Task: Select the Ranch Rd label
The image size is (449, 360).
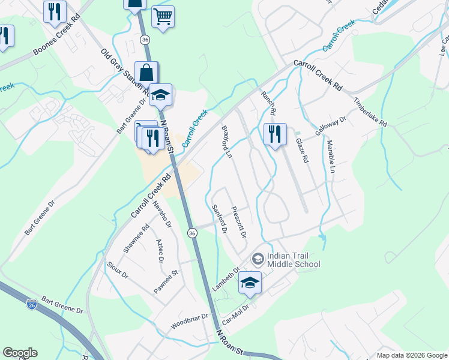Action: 268,103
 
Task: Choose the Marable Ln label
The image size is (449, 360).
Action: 331,157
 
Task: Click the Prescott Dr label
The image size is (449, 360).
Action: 239,221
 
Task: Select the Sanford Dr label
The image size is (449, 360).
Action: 219,218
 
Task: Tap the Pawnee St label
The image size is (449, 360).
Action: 166,281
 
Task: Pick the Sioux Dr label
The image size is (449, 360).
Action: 118,271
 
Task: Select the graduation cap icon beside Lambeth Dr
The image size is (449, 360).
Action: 250,283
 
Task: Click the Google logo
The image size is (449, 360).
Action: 20,353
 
